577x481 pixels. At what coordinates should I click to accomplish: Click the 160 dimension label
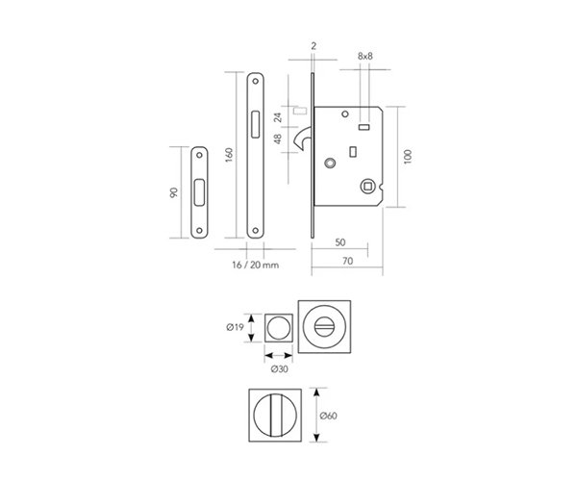pos(229,155)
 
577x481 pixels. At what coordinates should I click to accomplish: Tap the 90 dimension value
pos(174,192)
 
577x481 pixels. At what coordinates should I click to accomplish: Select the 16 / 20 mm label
pos(256,265)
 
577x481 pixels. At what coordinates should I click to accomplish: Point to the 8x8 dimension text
pos(365,56)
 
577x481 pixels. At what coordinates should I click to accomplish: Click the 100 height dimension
pos(408,157)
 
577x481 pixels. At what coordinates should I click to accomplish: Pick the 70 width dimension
pos(347,261)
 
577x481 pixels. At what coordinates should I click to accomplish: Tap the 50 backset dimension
pos(340,242)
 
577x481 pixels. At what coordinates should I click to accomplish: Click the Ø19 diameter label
pos(236,327)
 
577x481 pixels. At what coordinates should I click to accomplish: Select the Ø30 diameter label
pos(279,368)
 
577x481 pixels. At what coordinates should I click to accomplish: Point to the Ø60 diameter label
pos(328,416)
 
